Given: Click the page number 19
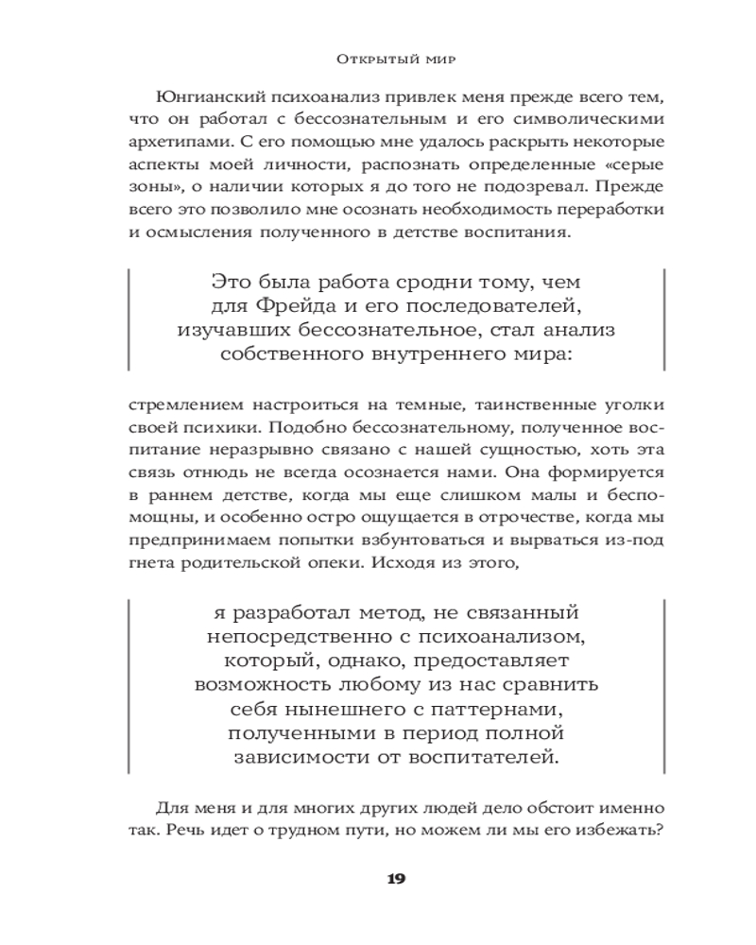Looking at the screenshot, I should click(x=396, y=879).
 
